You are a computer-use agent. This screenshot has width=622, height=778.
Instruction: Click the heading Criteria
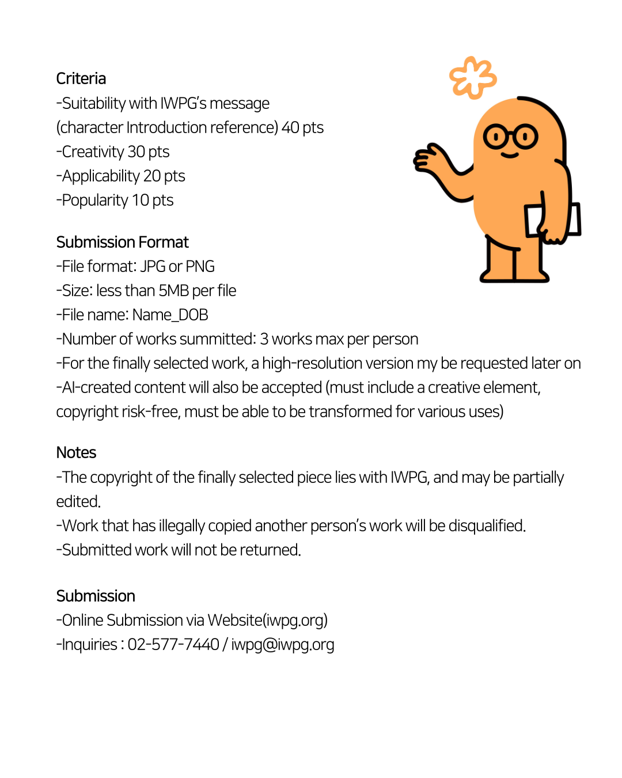click(x=81, y=78)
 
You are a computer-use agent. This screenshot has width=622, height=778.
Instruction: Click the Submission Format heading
click(x=122, y=242)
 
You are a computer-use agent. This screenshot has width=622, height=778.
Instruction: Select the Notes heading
click(x=76, y=452)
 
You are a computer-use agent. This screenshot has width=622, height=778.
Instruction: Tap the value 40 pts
click(x=302, y=127)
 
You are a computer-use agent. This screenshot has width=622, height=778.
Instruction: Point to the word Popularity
click(x=95, y=200)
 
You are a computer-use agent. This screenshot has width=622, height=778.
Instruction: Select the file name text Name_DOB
click(x=170, y=315)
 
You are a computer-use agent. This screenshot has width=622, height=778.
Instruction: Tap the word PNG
click(x=200, y=266)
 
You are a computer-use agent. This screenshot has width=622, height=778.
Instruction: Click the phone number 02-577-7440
click(x=173, y=644)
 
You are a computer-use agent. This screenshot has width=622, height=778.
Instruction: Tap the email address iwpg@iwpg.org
click(x=282, y=644)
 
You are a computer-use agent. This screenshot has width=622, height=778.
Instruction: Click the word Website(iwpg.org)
click(x=267, y=620)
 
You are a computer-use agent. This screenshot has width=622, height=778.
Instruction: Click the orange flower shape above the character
click(x=473, y=78)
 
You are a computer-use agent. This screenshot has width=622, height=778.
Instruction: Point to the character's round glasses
click(x=510, y=137)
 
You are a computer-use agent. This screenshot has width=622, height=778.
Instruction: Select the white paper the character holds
click(x=573, y=219)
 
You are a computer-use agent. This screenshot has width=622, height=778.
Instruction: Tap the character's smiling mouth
click(x=510, y=154)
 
